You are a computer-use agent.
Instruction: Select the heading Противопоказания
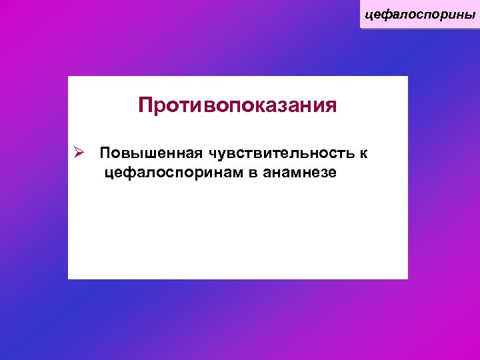click(x=237, y=106)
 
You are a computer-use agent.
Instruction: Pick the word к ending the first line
click(x=363, y=155)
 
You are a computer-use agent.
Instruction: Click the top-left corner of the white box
click(x=69, y=77)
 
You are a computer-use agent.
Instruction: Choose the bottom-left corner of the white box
click(x=69, y=278)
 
